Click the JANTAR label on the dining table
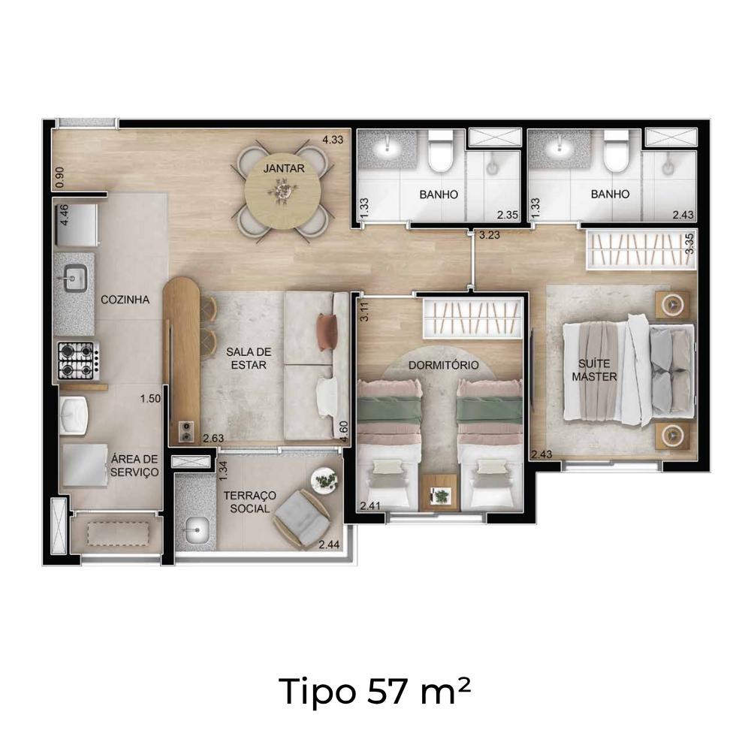click(284, 168)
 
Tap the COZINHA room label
click(125, 300)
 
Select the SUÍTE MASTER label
click(594, 370)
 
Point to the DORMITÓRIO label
click(444, 366)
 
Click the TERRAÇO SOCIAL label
click(250, 502)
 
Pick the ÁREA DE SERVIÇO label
click(134, 466)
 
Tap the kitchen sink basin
click(74, 278)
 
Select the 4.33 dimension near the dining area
click(333, 140)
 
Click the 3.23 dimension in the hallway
click(490, 235)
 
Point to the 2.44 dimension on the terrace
click(330, 544)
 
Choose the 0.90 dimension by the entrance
click(60, 177)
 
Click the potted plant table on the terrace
click(324, 479)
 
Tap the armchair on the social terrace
click(301, 519)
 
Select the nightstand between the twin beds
click(439, 493)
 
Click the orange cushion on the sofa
click(327, 332)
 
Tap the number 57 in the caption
click(387, 692)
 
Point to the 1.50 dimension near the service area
click(150, 399)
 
